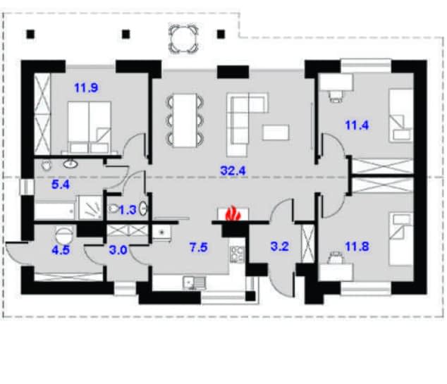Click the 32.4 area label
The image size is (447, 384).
[x=233, y=171]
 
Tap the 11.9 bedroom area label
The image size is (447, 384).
[x=86, y=87]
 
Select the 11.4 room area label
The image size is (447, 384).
[x=357, y=125]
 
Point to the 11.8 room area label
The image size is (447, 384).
[x=357, y=247]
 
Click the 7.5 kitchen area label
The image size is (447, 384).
[x=199, y=247]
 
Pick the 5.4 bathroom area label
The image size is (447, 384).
[x=61, y=185]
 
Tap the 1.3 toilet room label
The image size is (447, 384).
[x=128, y=210]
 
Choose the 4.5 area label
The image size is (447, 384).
[x=61, y=250]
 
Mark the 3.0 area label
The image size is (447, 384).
[x=118, y=250]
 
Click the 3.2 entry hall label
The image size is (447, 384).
[x=280, y=247]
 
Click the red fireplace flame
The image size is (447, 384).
[x=233, y=213]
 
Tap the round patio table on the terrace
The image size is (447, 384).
[x=183, y=39]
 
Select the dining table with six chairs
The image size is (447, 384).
[x=185, y=120]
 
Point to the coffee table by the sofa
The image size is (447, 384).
[x=276, y=132]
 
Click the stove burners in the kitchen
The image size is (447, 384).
[x=237, y=254]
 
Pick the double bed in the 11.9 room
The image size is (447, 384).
[x=90, y=128]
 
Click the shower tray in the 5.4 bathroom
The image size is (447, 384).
[x=90, y=207]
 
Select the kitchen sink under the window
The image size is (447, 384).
[x=194, y=283]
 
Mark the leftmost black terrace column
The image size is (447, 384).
[x=30, y=35]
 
